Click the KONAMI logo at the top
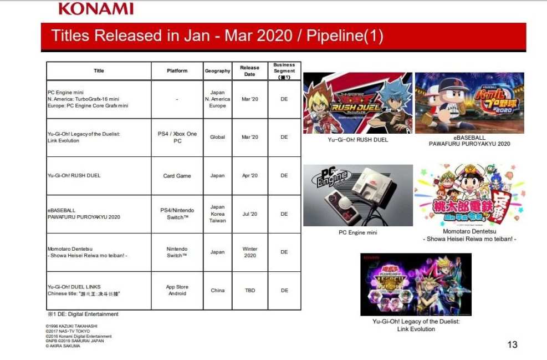pos(95,8)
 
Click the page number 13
pos(512,344)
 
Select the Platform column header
pos(177,71)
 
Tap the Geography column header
pos(217,71)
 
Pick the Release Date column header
pos(249,71)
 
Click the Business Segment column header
pos(284,71)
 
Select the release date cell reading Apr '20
pos(249,176)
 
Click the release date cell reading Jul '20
pos(249,214)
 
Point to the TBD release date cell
pos(249,291)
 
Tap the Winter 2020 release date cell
pos(249,252)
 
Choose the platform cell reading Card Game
pos(177,176)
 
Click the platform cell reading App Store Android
pos(177,290)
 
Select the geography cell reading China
pos(217,291)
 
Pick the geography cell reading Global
pos(217,137)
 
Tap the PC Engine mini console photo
pos(357,195)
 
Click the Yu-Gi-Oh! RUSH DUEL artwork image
pos(357,103)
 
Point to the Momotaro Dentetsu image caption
pos(469,235)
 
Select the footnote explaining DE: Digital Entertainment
pos(83,315)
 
